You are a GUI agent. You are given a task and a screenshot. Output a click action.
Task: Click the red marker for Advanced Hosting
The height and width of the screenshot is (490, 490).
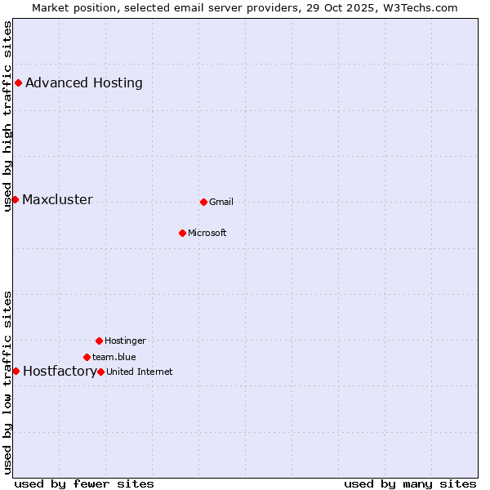click(18, 82)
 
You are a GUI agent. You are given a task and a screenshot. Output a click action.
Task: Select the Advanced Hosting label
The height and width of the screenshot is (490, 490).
click(84, 82)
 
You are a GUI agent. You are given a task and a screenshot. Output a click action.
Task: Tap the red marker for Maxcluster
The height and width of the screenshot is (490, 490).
click(15, 199)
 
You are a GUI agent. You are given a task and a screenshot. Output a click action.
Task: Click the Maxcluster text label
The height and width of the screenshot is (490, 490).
click(57, 200)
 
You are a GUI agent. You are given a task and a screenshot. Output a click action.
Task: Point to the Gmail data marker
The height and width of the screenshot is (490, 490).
click(203, 202)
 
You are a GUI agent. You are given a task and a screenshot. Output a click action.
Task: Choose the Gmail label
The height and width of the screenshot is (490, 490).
click(221, 203)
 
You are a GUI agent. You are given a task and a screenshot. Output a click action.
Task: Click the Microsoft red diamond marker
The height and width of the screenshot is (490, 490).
click(182, 233)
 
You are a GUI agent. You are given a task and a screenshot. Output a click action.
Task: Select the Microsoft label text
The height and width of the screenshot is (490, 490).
click(207, 234)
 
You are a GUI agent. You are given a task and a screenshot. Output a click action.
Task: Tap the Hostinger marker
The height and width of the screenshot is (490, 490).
click(99, 341)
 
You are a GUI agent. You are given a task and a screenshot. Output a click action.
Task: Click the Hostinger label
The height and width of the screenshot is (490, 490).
click(125, 341)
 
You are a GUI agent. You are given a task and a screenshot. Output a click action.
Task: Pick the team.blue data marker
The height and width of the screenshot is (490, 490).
click(87, 357)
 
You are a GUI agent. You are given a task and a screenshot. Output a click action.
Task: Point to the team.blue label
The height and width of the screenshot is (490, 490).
click(114, 357)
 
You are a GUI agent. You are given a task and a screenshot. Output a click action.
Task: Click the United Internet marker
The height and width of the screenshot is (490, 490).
click(100, 372)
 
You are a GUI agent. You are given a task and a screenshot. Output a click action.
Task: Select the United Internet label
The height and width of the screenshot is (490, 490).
click(140, 372)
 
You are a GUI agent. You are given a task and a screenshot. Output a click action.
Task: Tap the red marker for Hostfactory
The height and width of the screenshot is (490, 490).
click(16, 371)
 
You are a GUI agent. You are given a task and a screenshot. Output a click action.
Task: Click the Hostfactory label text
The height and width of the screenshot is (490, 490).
click(60, 372)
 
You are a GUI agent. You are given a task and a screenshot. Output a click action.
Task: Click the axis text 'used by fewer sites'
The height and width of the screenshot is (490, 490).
click(84, 483)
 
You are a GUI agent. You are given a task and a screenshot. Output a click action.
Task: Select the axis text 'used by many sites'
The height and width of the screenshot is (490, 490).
click(410, 483)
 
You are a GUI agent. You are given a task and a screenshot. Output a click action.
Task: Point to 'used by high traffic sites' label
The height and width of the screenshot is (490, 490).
click(7, 116)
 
